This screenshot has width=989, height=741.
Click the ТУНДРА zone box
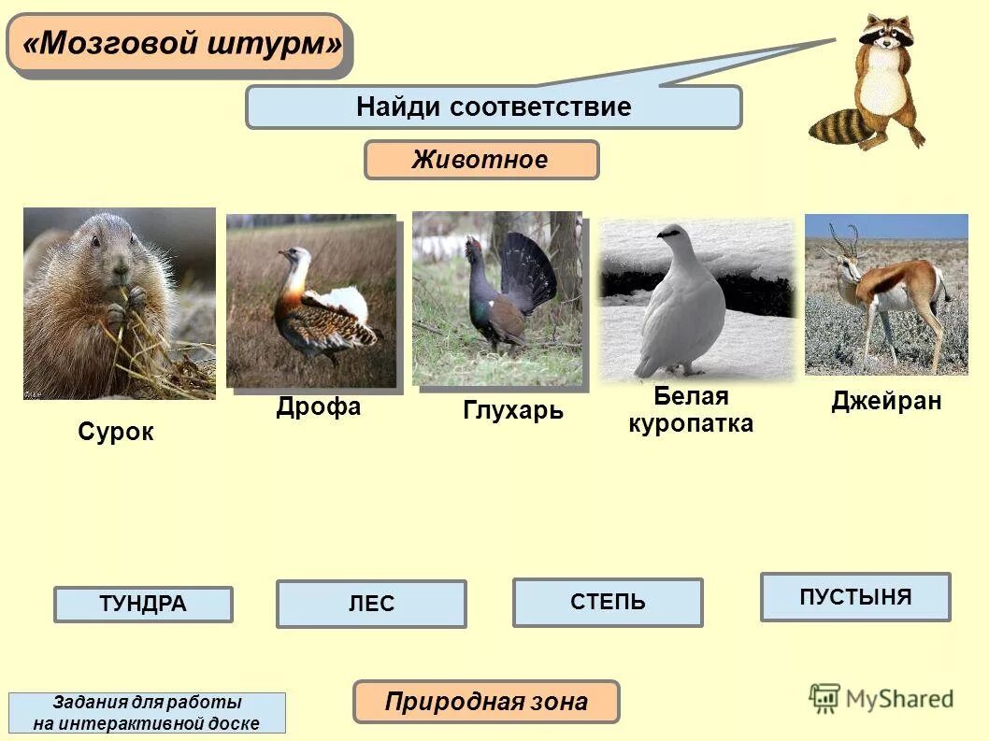click(143, 605)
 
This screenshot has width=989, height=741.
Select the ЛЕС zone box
click(371, 605)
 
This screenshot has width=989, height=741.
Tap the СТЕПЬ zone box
click(608, 602)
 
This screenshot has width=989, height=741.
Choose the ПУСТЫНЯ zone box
click(855, 597)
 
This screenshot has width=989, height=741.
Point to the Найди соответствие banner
click(494, 107)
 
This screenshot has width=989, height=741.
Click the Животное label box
click(480, 160)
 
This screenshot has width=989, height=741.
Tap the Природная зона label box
click(486, 702)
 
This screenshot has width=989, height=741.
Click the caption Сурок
click(115, 432)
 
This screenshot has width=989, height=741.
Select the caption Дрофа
click(318, 407)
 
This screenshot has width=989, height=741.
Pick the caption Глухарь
click(513, 410)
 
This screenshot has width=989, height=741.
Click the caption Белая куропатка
click(691, 409)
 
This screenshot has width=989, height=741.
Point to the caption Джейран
click(886, 402)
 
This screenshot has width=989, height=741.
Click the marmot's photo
click(119, 304)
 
